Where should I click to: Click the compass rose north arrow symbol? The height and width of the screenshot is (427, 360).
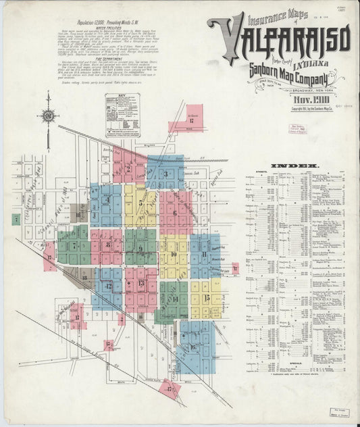[48, 116]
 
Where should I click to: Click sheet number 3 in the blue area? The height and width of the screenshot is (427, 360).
[165, 174]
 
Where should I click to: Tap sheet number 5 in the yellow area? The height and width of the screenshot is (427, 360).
[140, 202]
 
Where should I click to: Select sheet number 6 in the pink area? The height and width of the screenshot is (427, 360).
[175, 213]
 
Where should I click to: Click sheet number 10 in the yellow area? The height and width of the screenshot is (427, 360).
[174, 254]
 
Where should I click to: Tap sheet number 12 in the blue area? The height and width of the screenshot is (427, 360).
[108, 286]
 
